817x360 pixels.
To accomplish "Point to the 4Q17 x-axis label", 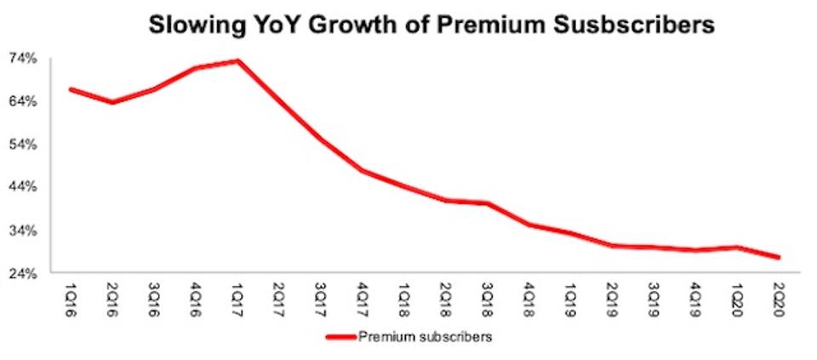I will [364, 295].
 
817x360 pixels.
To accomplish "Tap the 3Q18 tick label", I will [489, 295].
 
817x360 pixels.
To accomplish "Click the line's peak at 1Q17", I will [238, 60].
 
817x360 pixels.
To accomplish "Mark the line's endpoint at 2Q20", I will [779, 257].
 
